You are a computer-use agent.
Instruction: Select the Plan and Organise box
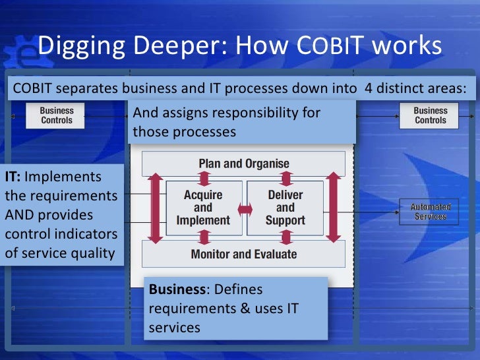[244, 164]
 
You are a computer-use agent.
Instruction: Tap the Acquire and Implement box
[203, 208]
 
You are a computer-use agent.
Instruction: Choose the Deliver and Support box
[285, 208]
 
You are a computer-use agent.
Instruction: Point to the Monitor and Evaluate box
[244, 254]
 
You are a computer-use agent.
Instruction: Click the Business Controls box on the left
[57, 115]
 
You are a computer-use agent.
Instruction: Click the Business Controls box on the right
[430, 115]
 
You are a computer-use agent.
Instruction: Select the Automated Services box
[430, 212]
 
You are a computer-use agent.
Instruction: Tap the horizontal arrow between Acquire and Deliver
[245, 210]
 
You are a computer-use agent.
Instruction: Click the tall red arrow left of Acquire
[156, 208]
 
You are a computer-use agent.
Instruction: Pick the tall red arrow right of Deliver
[333, 208]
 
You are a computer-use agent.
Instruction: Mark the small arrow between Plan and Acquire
[204, 177]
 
